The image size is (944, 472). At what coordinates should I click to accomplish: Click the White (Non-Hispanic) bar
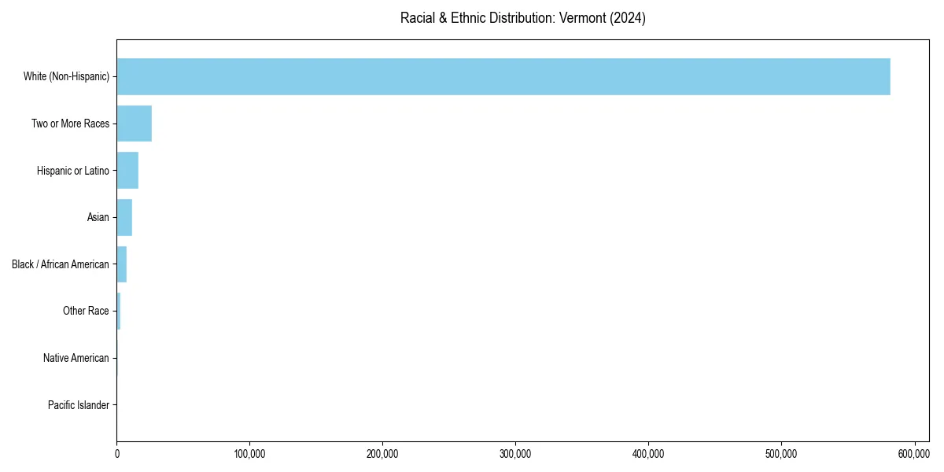[503, 76]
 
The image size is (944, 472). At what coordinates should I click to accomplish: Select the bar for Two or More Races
[135, 124]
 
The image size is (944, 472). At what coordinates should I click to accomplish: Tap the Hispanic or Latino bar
[127, 171]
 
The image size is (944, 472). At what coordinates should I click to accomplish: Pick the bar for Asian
[124, 217]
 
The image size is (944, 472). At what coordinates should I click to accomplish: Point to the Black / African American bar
[122, 264]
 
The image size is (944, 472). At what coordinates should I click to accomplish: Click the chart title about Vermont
[523, 18]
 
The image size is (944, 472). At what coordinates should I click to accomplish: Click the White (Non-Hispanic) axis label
[67, 76]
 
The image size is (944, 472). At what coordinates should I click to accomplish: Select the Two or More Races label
[71, 124]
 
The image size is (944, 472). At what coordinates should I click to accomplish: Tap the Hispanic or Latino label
[73, 171]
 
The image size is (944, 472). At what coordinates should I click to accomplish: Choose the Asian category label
[98, 217]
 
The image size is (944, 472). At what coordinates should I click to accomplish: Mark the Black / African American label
[61, 264]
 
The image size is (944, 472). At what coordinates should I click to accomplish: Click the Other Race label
[86, 311]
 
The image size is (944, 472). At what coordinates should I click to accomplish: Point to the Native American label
[76, 358]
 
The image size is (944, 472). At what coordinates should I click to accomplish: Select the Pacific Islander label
[79, 405]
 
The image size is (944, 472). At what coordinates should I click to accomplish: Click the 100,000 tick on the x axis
[249, 454]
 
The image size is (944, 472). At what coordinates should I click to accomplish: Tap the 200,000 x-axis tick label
[382, 454]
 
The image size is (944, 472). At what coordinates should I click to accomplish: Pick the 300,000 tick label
[515, 454]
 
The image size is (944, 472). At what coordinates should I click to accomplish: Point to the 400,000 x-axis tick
[648, 454]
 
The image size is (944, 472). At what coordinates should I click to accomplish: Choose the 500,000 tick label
[781, 454]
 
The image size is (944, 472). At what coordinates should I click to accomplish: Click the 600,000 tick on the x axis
[914, 454]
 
